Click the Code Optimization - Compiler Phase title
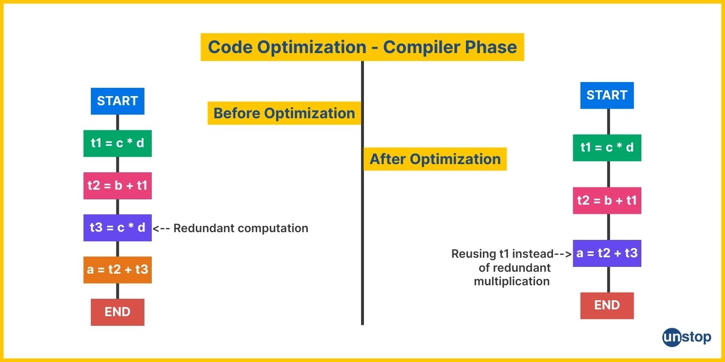[x=362, y=47]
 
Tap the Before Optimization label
[x=284, y=113]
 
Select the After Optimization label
[x=435, y=159]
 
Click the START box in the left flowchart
[x=117, y=101]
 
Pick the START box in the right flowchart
[x=607, y=96]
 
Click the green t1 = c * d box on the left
[x=117, y=143]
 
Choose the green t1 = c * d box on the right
[x=607, y=148]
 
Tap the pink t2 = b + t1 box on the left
[x=117, y=185]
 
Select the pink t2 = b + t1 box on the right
[x=607, y=200]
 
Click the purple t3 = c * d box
[x=117, y=227]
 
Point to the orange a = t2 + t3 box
[x=117, y=270]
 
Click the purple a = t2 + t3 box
[x=607, y=253]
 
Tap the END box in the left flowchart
[x=117, y=312]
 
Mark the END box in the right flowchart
[x=607, y=306]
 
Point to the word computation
[x=273, y=228]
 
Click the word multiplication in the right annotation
[x=512, y=281]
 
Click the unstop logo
[x=686, y=337]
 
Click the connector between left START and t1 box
[x=117, y=123]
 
